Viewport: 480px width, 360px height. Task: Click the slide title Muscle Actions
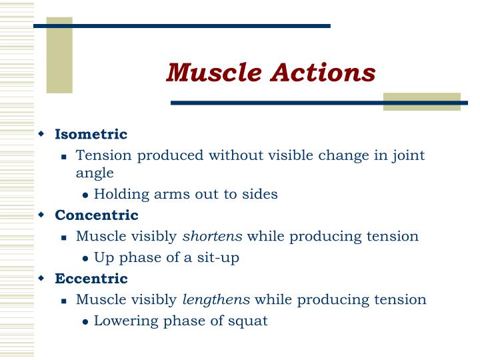click(x=271, y=73)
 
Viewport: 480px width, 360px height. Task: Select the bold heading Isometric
click(x=91, y=135)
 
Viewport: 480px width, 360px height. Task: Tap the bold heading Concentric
click(x=97, y=215)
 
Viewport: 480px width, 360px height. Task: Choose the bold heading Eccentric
click(x=91, y=278)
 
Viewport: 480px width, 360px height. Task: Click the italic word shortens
click(x=213, y=236)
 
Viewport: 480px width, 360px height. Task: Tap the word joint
click(x=407, y=156)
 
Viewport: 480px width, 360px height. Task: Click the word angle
click(x=95, y=173)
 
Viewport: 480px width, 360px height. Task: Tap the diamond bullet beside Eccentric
click(x=41, y=278)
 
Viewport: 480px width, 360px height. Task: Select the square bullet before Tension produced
click(x=64, y=157)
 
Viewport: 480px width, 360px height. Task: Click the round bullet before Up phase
click(x=86, y=259)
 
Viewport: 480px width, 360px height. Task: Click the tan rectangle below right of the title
click(x=421, y=101)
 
